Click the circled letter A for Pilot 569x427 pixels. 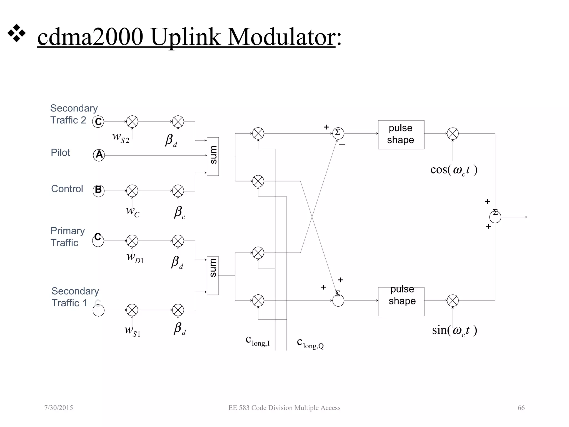[99, 155]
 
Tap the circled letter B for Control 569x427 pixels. [99, 191]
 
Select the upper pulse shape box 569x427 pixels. [401, 135]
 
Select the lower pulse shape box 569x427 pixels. [401, 301]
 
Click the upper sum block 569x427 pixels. [213, 156]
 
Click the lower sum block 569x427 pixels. [213, 275]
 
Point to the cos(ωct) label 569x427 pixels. [454, 170]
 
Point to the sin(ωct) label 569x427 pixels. [455, 330]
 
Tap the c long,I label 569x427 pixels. [257, 341]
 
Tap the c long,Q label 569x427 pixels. [310, 343]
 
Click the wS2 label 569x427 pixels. [121, 138]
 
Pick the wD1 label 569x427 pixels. [135, 257]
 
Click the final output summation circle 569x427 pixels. [495, 217]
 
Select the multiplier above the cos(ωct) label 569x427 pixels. [453, 133]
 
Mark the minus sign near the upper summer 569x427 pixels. [342, 144]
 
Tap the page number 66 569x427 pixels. [521, 408]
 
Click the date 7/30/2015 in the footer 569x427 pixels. [59, 408]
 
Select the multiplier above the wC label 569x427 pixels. [132, 191]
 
